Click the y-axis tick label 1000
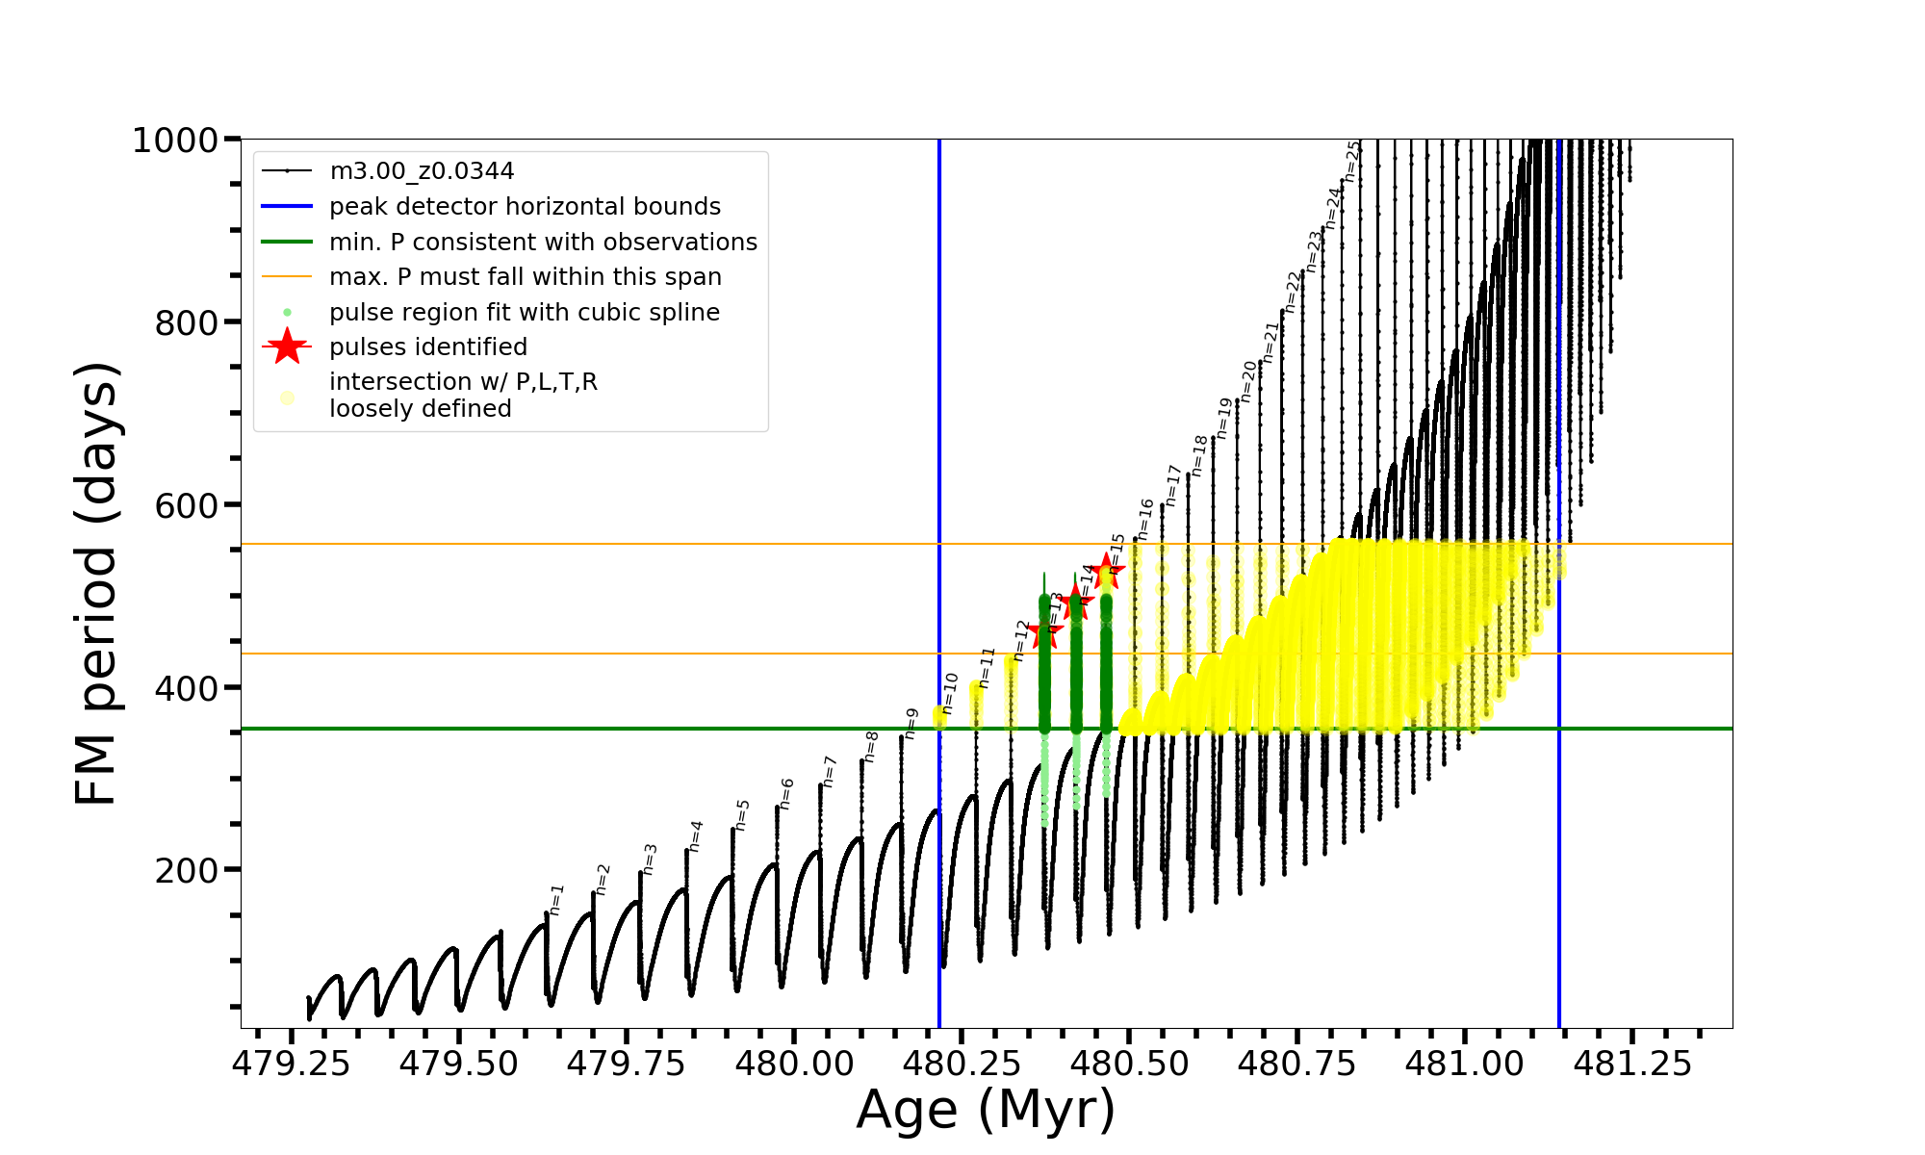pos(174,141)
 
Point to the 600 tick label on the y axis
pos(187,505)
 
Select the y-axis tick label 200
pos(187,870)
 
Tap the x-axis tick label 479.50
pos(458,1064)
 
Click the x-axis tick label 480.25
pos(962,1064)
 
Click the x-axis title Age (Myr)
pos(986,1110)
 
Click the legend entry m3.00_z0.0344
pos(422,171)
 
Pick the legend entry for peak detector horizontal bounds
pos(525,207)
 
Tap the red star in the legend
pos(287,346)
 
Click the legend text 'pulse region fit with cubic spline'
pos(525,313)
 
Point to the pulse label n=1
pos(556,900)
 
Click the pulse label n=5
pos(742,814)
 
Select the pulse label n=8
pos(871,746)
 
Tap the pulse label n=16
pos(1144,519)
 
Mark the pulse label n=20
pos(1248,381)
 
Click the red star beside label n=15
pos(1108,572)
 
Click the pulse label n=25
pos(1352,161)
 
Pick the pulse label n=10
pos(950,693)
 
